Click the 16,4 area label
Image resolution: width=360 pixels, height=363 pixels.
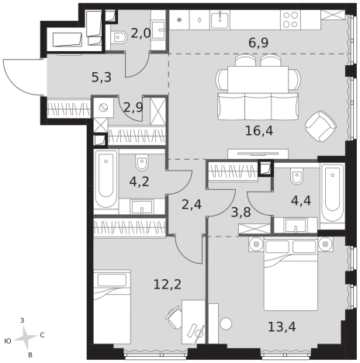[x=259, y=131]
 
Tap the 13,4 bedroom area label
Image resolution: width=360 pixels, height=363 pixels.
[x=282, y=327]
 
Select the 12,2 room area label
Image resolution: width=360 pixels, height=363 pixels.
[x=168, y=285]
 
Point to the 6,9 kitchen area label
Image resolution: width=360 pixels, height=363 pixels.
[x=258, y=43]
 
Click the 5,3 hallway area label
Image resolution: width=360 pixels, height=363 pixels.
[x=102, y=78]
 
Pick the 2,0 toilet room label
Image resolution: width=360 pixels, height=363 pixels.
[x=140, y=33]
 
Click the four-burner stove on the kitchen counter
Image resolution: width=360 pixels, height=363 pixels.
[x=290, y=19]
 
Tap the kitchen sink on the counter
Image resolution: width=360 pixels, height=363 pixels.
[x=220, y=19]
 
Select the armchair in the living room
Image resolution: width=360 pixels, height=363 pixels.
[x=320, y=126]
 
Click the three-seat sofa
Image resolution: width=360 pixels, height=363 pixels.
[x=258, y=106]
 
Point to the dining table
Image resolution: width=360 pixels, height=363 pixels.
[x=258, y=79]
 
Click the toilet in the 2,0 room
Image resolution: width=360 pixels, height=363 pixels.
[x=119, y=38]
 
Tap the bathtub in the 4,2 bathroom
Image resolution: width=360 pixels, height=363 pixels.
[x=106, y=179]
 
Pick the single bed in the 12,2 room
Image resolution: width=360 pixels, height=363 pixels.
[x=112, y=307]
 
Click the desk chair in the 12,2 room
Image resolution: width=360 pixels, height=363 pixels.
[x=174, y=317]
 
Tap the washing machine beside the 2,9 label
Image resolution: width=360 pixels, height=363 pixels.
[x=103, y=108]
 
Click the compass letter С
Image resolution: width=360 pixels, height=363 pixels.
[x=42, y=335]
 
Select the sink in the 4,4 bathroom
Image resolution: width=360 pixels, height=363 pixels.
[x=296, y=226]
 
